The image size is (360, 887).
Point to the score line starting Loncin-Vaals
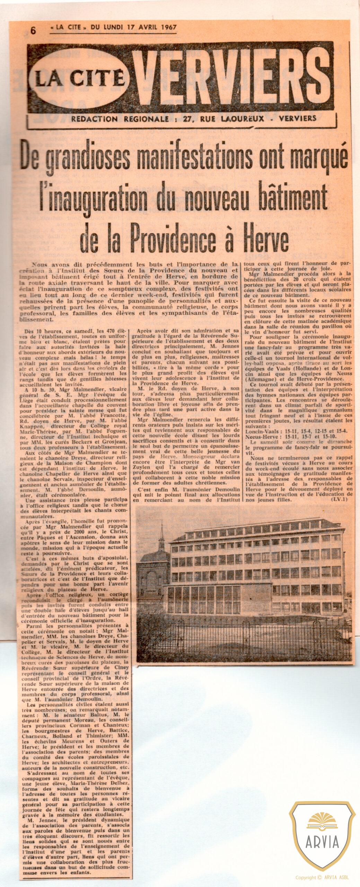296,431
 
